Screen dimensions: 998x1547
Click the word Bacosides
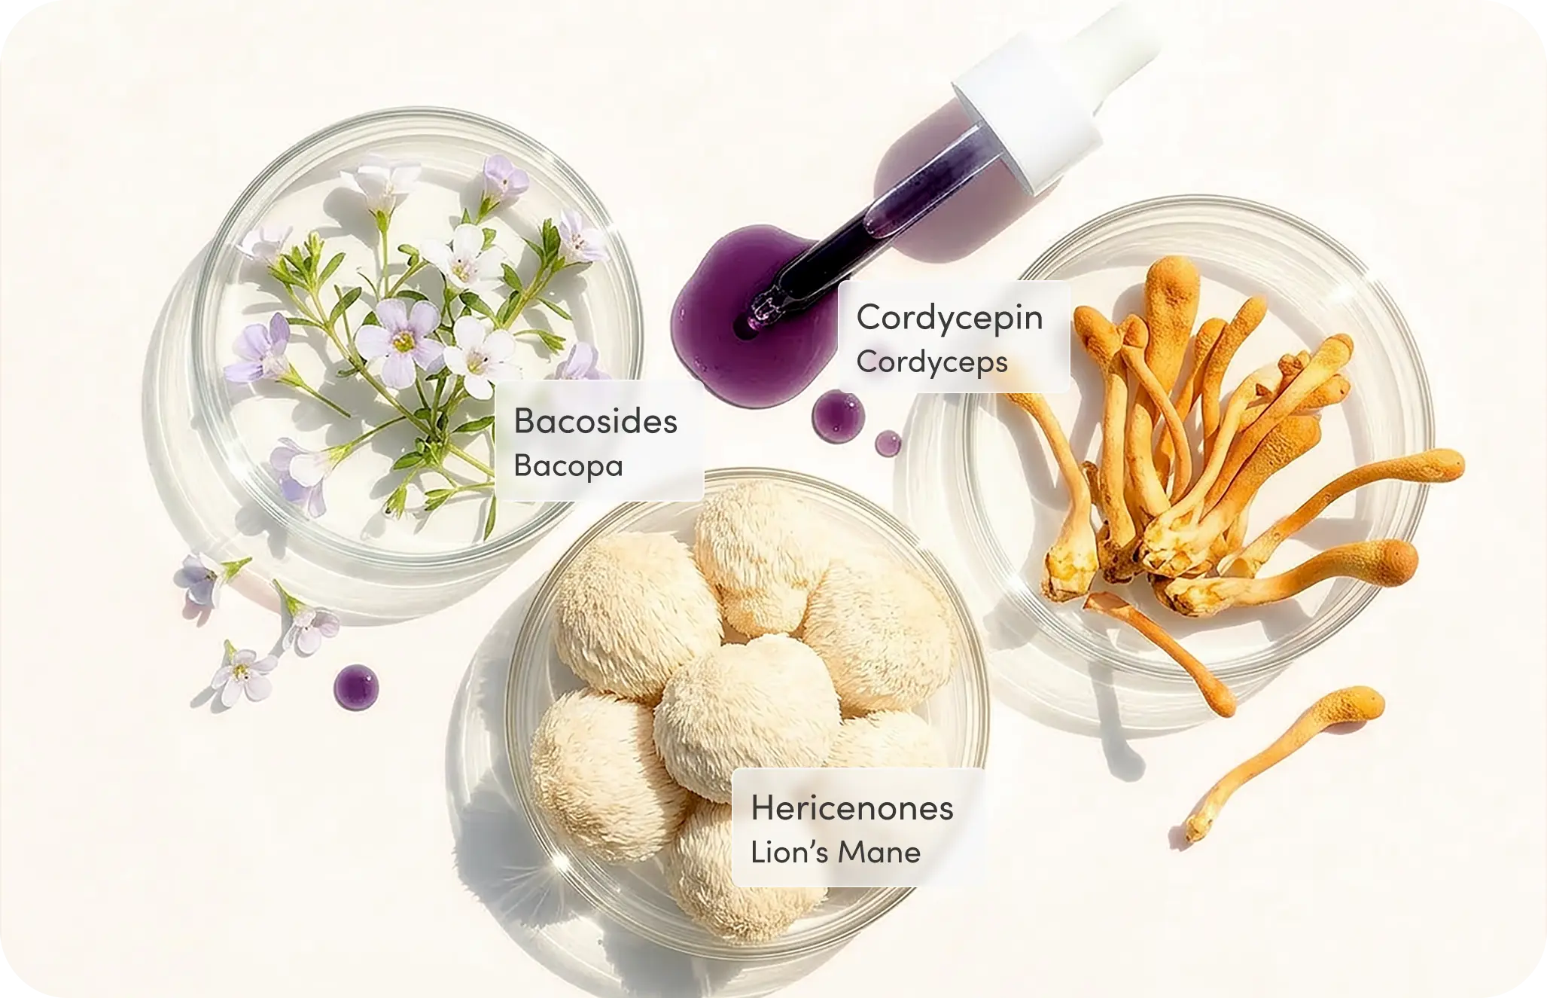pyautogui.click(x=595, y=421)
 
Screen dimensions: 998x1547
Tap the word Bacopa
pyautogui.click(x=568, y=465)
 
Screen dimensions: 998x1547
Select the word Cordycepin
pyautogui.click(x=949, y=317)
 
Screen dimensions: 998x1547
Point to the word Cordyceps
pyautogui.click(x=932, y=362)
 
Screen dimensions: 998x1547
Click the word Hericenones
pyautogui.click(x=851, y=808)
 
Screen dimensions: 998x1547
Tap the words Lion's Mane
pyautogui.click(x=836, y=852)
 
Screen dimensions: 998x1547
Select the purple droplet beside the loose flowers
pyautogui.click(x=356, y=687)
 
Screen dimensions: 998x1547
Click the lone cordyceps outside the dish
pyautogui.click(x=1287, y=761)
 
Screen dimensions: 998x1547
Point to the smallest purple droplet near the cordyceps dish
pyautogui.click(x=888, y=444)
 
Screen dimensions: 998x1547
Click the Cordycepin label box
pyautogui.click(x=954, y=337)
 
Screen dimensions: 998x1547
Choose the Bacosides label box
pyautogui.click(x=599, y=441)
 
